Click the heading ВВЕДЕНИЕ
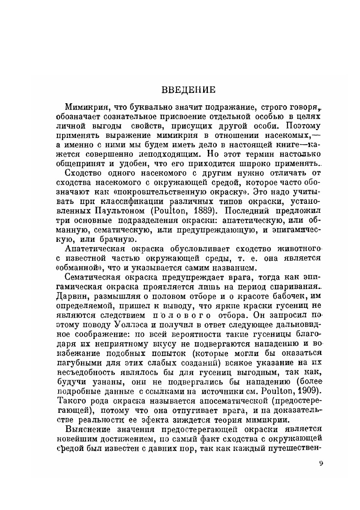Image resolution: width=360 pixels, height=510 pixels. [x=188, y=91]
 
